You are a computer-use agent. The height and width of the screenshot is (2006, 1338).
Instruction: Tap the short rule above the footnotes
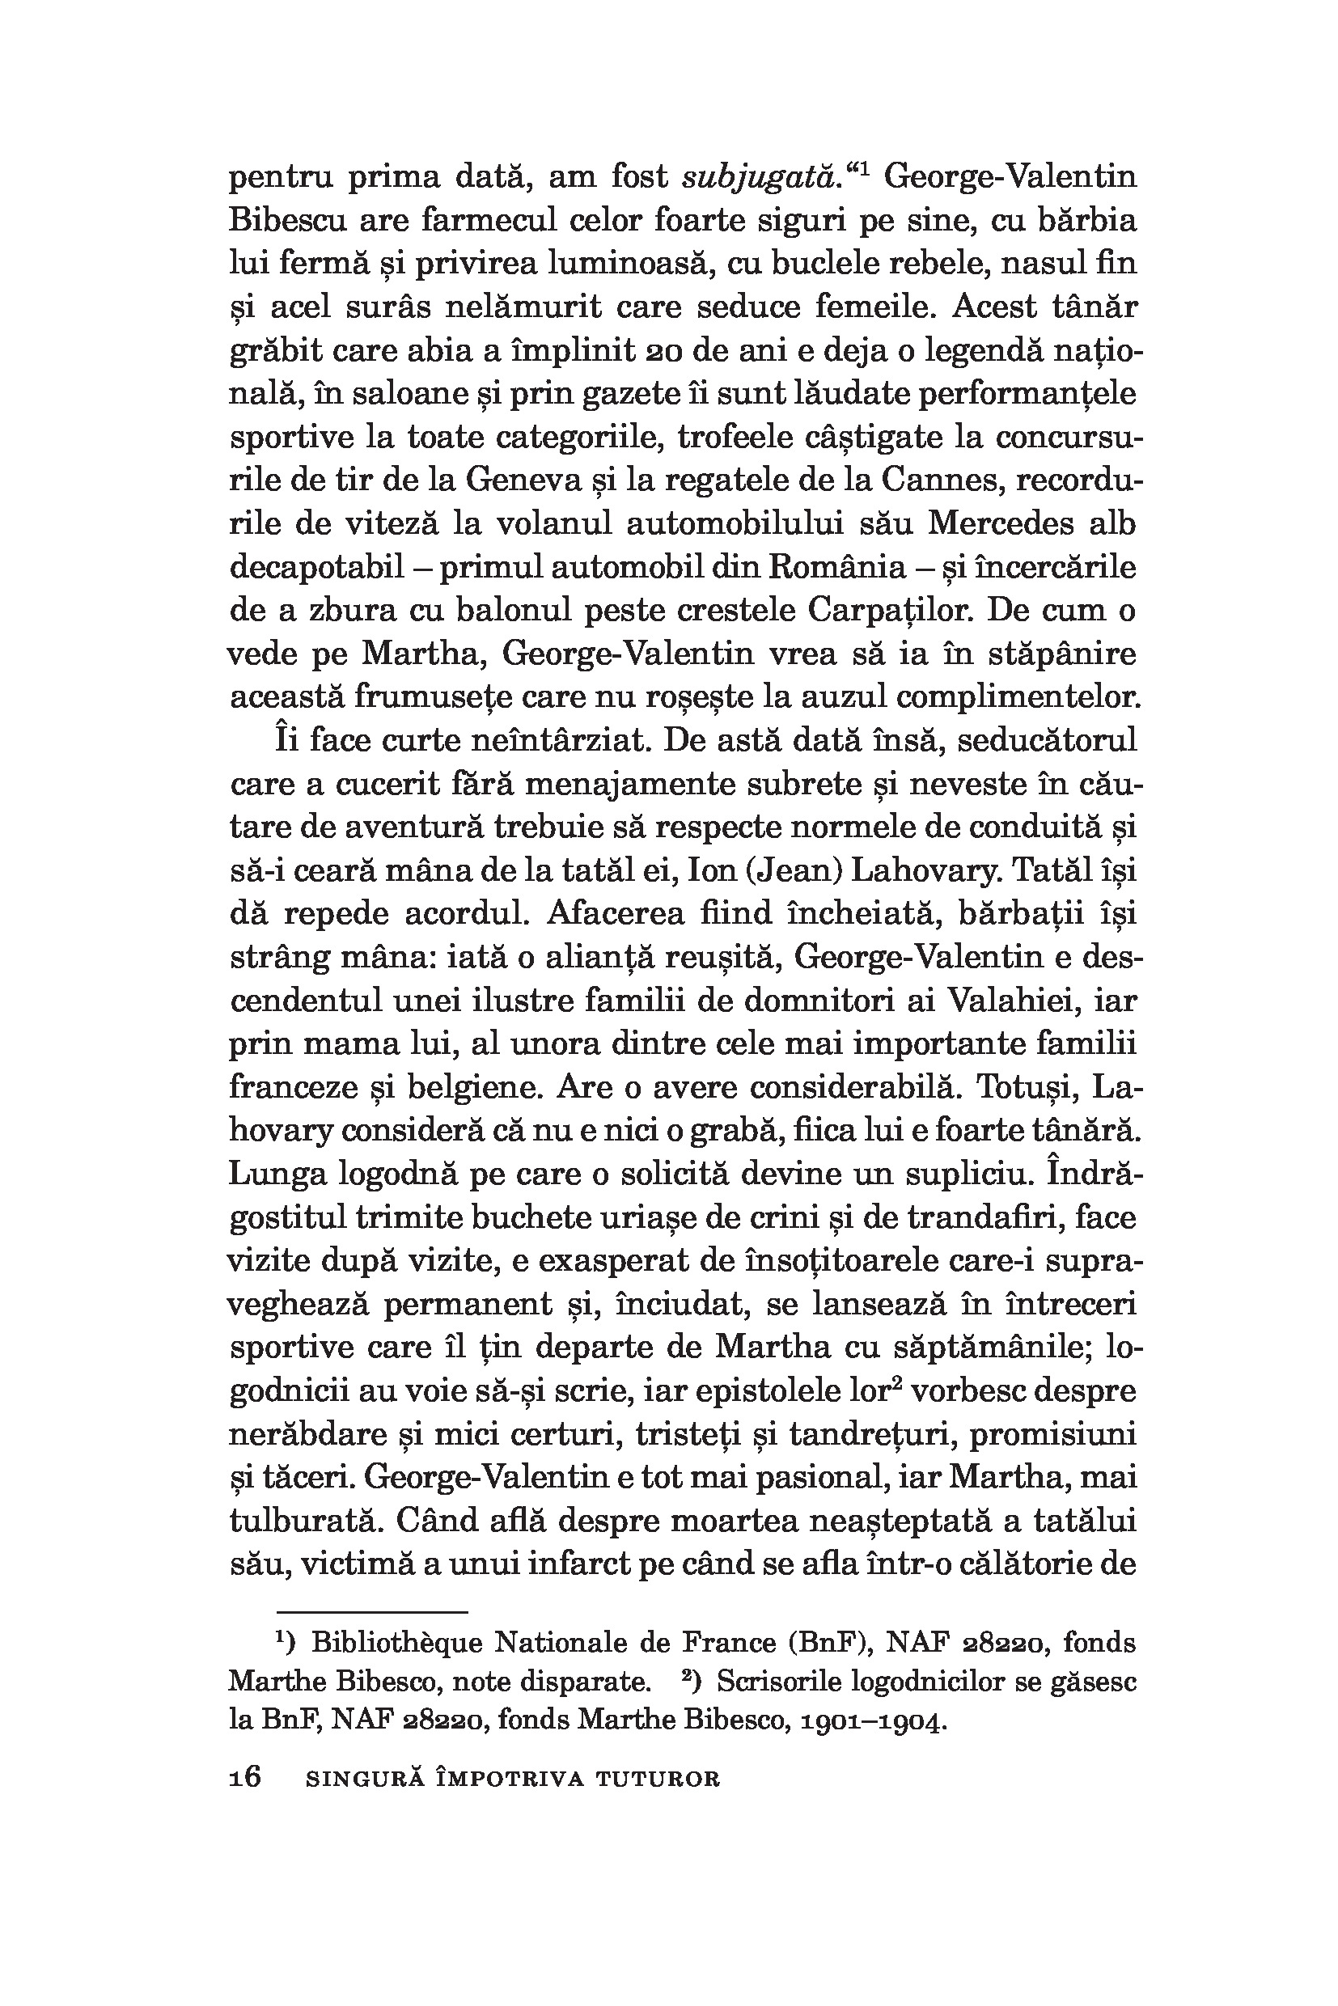point(372,1614)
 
